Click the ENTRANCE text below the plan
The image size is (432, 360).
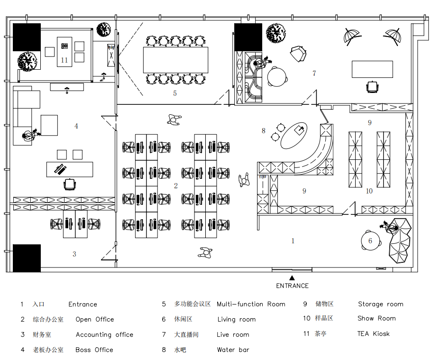tap(292, 286)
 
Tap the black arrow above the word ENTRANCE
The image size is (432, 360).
tap(292, 278)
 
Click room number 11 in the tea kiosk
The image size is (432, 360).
tap(64, 60)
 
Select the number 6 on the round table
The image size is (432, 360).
tap(370, 241)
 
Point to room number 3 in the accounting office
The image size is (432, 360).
tap(74, 254)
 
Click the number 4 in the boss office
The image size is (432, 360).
tap(76, 126)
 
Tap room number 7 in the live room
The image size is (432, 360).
tap(314, 74)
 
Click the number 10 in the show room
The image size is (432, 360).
tap(369, 191)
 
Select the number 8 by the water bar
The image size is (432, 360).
tap(264, 131)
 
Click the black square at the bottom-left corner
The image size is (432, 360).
tap(27, 258)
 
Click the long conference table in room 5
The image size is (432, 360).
tap(175, 60)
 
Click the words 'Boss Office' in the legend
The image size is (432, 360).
tap(94, 350)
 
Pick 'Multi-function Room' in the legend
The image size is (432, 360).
tap(251, 305)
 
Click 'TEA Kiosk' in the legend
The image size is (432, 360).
tap(373, 334)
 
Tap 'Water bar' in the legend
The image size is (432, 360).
tap(233, 350)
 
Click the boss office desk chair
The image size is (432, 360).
tap(70, 184)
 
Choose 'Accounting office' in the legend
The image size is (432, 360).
tap(104, 335)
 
